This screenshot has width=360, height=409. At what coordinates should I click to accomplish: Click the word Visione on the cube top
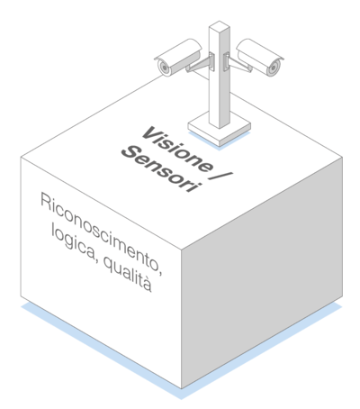click(x=176, y=150)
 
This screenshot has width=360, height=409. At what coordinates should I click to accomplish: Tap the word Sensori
click(x=160, y=169)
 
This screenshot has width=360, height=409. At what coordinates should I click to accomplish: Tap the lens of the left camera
click(x=164, y=68)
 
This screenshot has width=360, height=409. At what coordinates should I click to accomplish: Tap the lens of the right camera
click(x=273, y=68)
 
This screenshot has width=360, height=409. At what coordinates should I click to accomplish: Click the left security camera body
click(x=178, y=57)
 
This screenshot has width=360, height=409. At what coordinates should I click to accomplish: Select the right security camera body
click(x=260, y=57)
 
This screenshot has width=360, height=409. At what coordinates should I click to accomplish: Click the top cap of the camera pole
click(x=220, y=25)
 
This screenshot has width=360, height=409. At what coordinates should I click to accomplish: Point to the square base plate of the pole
click(x=220, y=130)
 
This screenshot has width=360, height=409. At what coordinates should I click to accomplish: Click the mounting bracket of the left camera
click(x=201, y=64)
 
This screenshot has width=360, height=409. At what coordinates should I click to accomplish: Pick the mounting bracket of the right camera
click(x=238, y=64)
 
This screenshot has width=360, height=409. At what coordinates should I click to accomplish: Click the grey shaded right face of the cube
click(x=262, y=273)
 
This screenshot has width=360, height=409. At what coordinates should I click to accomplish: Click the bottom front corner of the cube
click(x=181, y=388)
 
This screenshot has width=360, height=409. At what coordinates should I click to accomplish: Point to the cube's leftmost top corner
click(x=21, y=157)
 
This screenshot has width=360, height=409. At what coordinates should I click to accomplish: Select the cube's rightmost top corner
click(x=342, y=157)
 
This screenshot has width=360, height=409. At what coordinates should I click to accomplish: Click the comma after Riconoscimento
click(x=161, y=272)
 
